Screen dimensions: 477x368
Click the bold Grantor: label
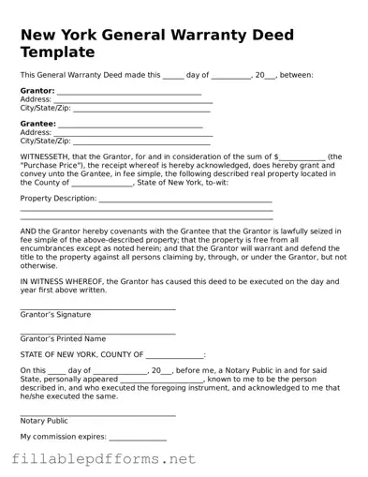pyautogui.click(x=37, y=91)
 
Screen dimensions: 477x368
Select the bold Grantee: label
pyautogui.click(x=37, y=123)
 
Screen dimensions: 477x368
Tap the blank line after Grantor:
pyautogui.click(x=128, y=93)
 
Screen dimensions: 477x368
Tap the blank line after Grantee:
pyautogui.click(x=130, y=125)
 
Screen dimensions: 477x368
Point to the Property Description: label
pyautogui.click(x=58, y=199)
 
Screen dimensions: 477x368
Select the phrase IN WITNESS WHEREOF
pyautogui.click(x=62, y=279)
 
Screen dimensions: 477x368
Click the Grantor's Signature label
pyautogui.click(x=55, y=315)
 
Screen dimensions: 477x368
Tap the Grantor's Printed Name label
pyautogui.click(x=63, y=338)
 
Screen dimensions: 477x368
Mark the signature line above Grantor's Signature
pyautogui.click(x=97, y=308)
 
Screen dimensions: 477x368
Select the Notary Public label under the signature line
pyautogui.click(x=44, y=421)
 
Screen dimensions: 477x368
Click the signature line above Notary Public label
pyautogui.click(x=97, y=414)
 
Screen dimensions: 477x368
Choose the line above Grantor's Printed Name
pyautogui.click(x=97, y=333)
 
